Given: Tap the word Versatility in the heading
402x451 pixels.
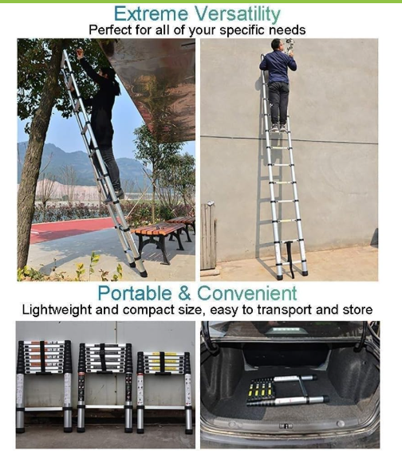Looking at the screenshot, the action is click(235, 14).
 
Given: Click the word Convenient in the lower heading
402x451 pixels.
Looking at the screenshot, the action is click(246, 293).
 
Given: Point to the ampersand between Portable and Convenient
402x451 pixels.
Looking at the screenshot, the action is click(184, 293).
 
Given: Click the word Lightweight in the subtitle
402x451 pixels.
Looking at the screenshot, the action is click(56, 310).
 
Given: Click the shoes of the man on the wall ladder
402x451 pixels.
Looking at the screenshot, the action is click(278, 127).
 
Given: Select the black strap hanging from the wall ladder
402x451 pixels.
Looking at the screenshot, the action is click(290, 260).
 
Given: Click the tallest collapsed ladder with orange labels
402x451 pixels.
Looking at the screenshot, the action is click(45, 386).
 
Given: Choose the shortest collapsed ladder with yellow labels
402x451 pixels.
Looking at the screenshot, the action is click(164, 392).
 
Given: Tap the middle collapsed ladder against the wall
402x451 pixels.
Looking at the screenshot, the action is click(105, 387).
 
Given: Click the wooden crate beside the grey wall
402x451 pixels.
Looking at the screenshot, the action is click(208, 237).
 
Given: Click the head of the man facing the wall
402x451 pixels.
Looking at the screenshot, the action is click(276, 44).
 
